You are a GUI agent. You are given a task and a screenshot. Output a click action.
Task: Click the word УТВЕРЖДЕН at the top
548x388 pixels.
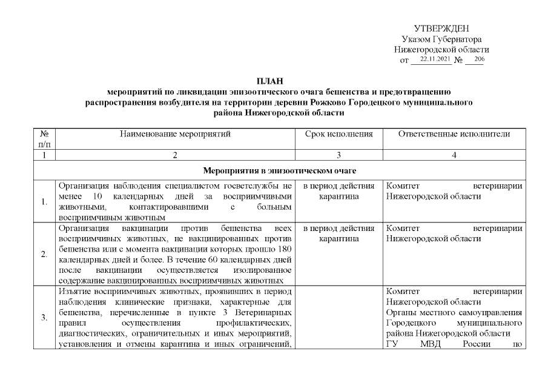[441, 29]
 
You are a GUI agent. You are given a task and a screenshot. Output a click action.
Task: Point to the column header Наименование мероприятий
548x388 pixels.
[174, 134]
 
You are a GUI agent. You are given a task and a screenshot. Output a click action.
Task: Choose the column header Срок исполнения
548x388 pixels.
[338, 134]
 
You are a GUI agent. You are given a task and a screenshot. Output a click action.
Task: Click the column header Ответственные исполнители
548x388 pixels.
[454, 134]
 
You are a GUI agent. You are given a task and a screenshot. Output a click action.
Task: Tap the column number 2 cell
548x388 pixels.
[174, 155]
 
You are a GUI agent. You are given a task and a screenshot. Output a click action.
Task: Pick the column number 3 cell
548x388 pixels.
[338, 155]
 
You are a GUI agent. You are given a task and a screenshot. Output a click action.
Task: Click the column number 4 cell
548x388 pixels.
[454, 155]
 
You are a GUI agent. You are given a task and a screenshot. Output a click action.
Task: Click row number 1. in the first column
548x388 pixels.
[45, 202]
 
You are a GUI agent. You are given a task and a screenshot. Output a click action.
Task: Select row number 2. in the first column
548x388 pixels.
[45, 254]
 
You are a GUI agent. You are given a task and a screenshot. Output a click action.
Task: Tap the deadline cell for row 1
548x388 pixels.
[338, 192]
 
